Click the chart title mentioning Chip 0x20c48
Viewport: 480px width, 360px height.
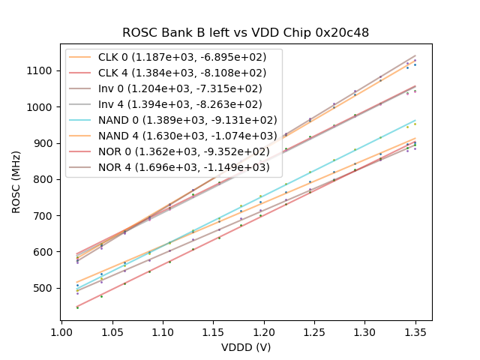(245, 33)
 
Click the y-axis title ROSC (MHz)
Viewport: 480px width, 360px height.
(17, 179)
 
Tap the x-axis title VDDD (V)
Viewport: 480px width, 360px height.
(245, 347)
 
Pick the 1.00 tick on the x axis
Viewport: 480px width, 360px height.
(61, 330)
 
